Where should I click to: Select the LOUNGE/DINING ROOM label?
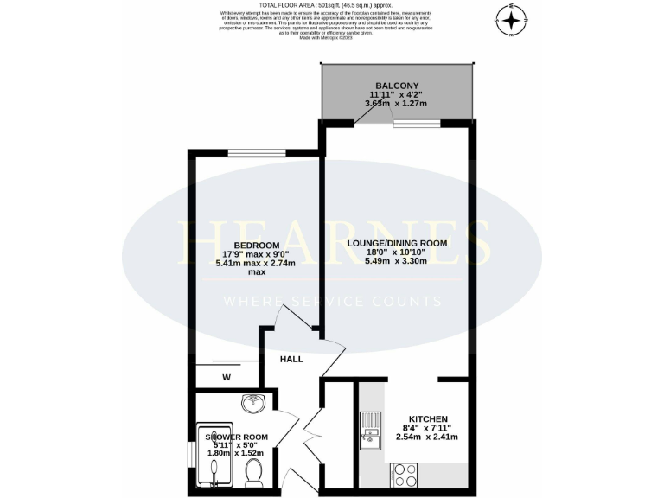[397, 244]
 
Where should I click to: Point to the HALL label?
[290, 358]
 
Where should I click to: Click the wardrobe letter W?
[227, 376]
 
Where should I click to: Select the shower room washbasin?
[254, 404]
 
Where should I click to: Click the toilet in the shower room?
[254, 471]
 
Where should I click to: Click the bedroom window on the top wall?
[257, 153]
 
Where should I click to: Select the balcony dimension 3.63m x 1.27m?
[398, 104]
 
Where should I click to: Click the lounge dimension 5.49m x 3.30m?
[397, 263]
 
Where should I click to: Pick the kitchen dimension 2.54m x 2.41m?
[428, 436]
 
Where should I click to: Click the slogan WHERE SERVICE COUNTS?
[333, 302]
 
